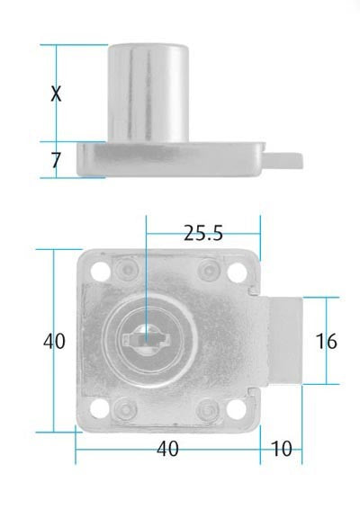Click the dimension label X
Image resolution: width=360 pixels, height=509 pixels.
coord(56,93)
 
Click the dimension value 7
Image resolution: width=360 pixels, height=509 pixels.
coord(56,160)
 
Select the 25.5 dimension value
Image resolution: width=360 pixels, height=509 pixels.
coord(202,233)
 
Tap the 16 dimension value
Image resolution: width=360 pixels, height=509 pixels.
coord(327,341)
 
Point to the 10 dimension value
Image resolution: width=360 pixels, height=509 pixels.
coord(282,448)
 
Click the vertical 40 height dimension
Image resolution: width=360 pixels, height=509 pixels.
coord(54,341)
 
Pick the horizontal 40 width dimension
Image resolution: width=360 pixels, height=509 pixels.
coord(167,448)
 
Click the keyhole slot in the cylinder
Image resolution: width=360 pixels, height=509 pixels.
coord(144,341)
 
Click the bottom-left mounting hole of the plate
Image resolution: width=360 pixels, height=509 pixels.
coord(98,411)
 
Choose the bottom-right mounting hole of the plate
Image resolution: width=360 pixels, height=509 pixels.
coord(238,411)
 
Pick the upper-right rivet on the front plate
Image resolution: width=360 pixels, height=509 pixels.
coord(209,268)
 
